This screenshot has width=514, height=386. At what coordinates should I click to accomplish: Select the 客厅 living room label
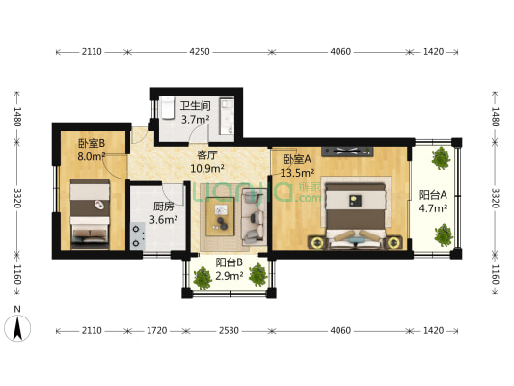pyautogui.click(x=205, y=154)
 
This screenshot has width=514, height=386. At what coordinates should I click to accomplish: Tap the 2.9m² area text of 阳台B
pyautogui.click(x=229, y=277)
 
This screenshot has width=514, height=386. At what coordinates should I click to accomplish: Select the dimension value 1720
pyautogui.click(x=156, y=331)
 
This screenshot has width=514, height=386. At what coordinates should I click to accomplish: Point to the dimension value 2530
pyautogui.click(x=229, y=331)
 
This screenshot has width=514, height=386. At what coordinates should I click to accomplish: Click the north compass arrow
pyautogui.click(x=18, y=328)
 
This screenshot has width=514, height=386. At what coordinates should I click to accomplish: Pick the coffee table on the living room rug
pyautogui.click(x=224, y=215)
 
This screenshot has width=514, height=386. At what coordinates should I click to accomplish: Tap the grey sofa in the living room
pyautogui.click(x=255, y=214)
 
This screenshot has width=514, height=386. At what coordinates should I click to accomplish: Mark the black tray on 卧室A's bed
pyautogui.click(x=355, y=201)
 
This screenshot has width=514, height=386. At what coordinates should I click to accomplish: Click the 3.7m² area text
pyautogui.click(x=196, y=119)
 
